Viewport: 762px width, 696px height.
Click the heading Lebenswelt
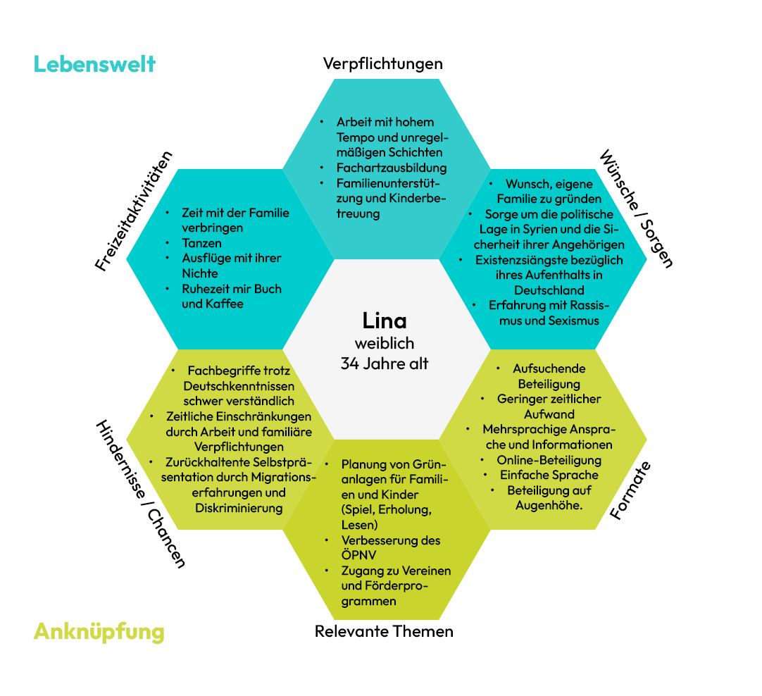(94, 64)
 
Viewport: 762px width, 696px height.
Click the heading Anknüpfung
(99, 630)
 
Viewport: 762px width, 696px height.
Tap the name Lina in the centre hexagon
(385, 321)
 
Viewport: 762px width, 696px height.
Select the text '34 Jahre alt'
(385, 363)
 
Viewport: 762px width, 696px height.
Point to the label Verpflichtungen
(383, 63)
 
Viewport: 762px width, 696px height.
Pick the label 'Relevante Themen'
(384, 631)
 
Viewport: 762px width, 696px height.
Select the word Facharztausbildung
(392, 168)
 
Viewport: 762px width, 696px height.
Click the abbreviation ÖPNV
(358, 555)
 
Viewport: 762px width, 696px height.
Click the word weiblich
(385, 343)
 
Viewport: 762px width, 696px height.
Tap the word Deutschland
(549, 290)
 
